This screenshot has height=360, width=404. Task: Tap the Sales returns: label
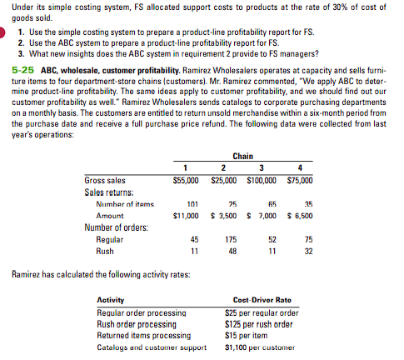[111, 191]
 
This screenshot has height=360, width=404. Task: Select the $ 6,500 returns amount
[298, 214]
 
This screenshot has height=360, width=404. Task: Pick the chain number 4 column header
[299, 167]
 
